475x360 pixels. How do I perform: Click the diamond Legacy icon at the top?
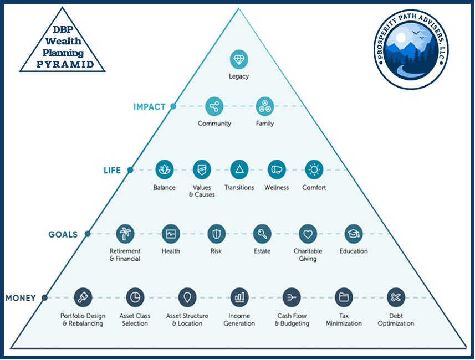pyautogui.click(x=239, y=59)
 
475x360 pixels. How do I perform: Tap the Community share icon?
pyautogui.click(x=214, y=106)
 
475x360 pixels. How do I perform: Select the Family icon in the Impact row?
pyautogui.click(x=264, y=106)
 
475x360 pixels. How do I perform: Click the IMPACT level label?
pyautogui.click(x=150, y=107)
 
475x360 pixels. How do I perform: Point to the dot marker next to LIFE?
pyautogui.click(x=130, y=171)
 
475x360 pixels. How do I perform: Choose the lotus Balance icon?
pyautogui.click(x=165, y=170)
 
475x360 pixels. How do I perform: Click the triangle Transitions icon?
pyautogui.click(x=239, y=170)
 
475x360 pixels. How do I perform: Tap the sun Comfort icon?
pyautogui.click(x=314, y=170)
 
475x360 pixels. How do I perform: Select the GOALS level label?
pyautogui.click(x=63, y=234)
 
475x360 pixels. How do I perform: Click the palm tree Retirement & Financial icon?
pyautogui.click(x=125, y=234)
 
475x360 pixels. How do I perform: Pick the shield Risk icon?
pyautogui.click(x=216, y=234)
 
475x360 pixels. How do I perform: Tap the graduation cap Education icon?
pyautogui.click(x=353, y=234)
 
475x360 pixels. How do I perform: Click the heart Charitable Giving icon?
pyautogui.click(x=308, y=234)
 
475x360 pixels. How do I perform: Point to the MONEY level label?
pyautogui.click(x=21, y=298)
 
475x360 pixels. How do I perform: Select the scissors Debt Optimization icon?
pyautogui.click(x=396, y=297)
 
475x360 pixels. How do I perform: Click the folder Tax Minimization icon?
pyautogui.click(x=344, y=297)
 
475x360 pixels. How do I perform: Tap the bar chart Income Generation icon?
pyautogui.click(x=239, y=297)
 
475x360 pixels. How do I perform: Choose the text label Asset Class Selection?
pyautogui.click(x=135, y=320)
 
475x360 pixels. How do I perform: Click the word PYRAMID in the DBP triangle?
pyautogui.click(x=62, y=64)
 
